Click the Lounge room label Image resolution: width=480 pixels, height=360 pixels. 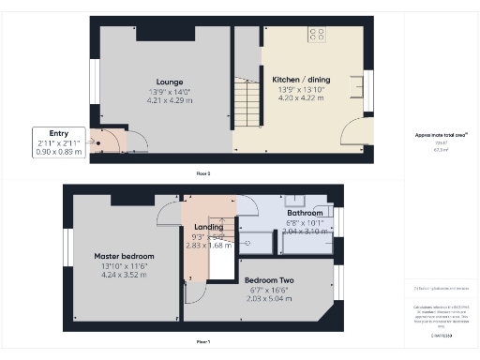(170, 82)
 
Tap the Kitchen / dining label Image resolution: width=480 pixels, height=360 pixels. (300, 80)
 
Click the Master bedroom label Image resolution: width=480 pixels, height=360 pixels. (124, 256)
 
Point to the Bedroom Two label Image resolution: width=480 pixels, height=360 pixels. (269, 280)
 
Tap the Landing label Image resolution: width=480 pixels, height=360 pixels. (208, 228)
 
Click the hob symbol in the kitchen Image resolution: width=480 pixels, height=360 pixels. (317, 35)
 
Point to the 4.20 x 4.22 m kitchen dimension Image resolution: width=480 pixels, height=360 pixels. (300, 97)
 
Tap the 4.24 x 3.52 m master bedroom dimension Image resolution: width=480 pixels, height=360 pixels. (124, 276)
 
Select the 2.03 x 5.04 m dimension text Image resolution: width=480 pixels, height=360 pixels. (269, 299)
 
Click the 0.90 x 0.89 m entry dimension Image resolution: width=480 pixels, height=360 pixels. (52, 151)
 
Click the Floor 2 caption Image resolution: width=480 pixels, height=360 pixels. (202, 174)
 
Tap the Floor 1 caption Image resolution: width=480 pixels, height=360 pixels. (202, 341)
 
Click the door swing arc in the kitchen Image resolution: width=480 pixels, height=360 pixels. (355, 129)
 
